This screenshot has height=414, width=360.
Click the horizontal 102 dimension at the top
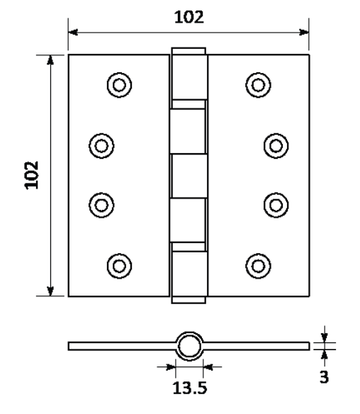point(189,17)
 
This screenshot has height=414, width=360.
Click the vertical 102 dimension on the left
point(32,175)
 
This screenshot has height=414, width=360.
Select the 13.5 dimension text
point(190,388)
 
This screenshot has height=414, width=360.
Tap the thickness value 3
point(324,376)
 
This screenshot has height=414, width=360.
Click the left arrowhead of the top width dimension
point(73,32)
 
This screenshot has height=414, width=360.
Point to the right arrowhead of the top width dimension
point(304,32)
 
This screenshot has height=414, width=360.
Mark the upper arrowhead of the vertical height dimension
point(50,60)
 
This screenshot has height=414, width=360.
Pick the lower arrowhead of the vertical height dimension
point(50,291)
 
